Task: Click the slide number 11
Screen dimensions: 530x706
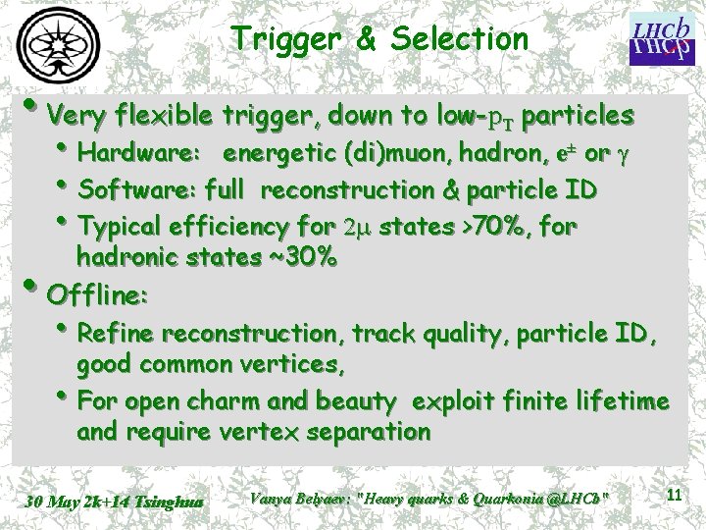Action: click(x=674, y=496)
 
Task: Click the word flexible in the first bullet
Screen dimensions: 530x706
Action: click(x=158, y=116)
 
